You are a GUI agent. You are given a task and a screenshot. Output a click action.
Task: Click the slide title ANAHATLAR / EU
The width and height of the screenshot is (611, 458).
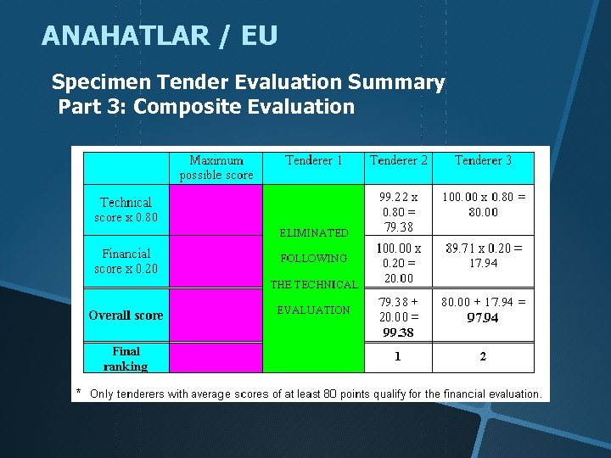tap(159, 36)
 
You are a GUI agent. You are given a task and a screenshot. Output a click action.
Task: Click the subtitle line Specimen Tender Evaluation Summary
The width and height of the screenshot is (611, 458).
tap(248, 82)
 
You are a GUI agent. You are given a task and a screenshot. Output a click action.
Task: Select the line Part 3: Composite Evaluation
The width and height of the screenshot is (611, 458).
tap(206, 107)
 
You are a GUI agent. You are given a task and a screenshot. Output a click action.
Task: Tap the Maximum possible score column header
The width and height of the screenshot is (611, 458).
tap(216, 167)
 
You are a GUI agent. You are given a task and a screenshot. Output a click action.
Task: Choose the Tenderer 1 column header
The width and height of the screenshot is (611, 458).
tap(314, 160)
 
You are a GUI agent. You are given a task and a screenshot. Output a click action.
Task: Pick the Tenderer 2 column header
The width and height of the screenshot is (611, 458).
tap(399, 160)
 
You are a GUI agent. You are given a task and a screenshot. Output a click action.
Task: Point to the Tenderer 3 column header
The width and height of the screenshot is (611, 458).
tap(483, 160)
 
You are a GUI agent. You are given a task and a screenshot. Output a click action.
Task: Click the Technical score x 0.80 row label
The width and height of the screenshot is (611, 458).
tap(126, 209)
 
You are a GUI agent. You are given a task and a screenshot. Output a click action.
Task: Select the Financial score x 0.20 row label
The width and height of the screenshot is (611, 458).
tap(126, 261)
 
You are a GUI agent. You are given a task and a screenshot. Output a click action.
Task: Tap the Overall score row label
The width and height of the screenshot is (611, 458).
tap(126, 316)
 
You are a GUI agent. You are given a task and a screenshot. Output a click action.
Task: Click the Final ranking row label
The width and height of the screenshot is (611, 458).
tap(126, 359)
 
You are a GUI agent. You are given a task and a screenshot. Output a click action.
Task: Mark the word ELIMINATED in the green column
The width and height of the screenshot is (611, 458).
tap(314, 232)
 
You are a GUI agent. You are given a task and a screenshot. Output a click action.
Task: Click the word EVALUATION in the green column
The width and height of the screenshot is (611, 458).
tap(314, 310)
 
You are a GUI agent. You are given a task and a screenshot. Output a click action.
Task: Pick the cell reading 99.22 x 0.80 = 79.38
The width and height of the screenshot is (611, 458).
tap(399, 210)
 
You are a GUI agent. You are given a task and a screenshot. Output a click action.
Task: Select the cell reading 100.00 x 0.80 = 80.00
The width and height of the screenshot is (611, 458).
tap(483, 204)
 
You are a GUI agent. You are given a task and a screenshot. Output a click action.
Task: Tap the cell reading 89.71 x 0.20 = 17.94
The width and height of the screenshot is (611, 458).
tap(483, 255)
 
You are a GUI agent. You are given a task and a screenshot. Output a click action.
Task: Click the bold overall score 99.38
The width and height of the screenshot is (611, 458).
tap(398, 332)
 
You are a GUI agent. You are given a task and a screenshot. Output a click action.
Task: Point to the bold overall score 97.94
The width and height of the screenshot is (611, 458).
tap(483, 318)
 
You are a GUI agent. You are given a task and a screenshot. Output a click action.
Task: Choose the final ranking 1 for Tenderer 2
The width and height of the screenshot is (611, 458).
tap(398, 356)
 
